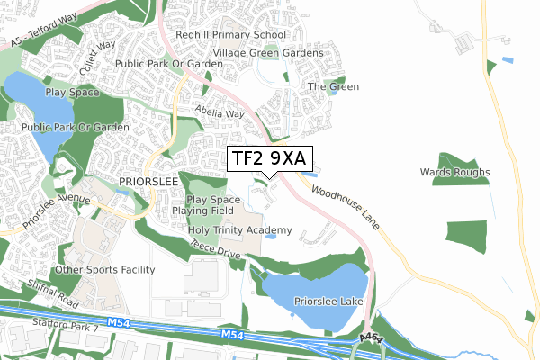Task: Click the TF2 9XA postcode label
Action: click(x=269, y=159)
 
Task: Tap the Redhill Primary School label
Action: click(x=231, y=34)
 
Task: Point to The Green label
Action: click(x=334, y=86)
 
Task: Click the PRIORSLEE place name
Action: click(x=145, y=181)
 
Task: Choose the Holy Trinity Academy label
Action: click(x=239, y=230)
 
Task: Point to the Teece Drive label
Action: click(x=215, y=251)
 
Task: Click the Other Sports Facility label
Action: click(x=104, y=269)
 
